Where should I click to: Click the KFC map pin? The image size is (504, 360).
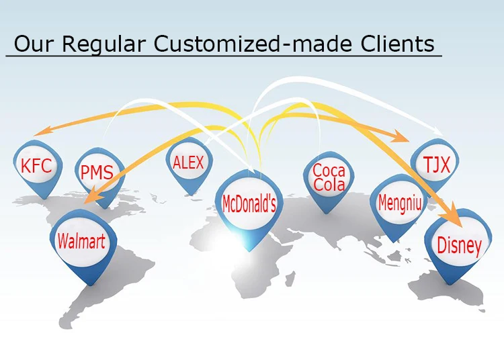click(x=36, y=166)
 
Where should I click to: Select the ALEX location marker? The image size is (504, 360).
click(x=188, y=163)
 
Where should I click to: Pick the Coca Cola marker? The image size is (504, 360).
click(x=329, y=179)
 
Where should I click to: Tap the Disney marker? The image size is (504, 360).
click(x=459, y=245)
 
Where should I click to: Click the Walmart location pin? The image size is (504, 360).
click(x=81, y=241)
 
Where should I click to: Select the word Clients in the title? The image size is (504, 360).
click(x=396, y=44)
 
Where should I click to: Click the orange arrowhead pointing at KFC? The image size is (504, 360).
click(x=42, y=132)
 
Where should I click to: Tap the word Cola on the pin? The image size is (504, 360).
click(x=329, y=186)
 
